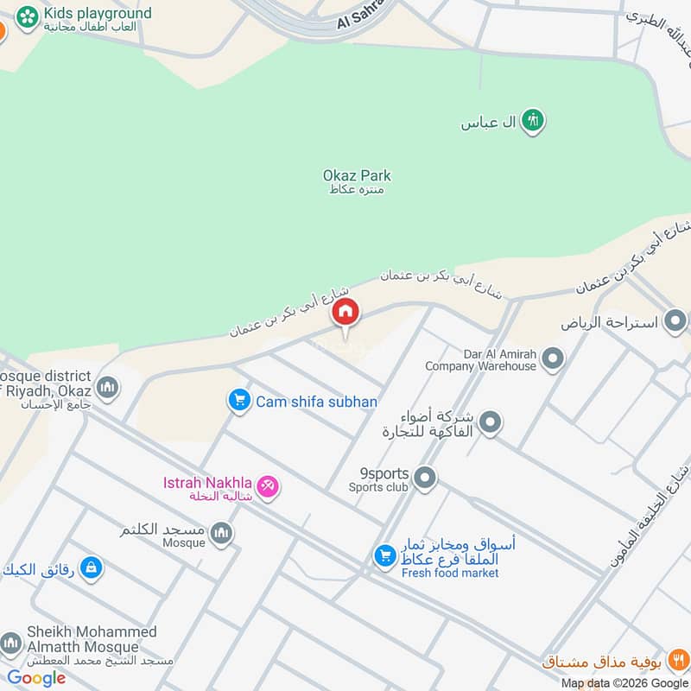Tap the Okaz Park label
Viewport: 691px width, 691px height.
(x=357, y=176)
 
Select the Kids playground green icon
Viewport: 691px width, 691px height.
(x=27, y=15)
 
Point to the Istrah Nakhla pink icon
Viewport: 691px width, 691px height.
(x=268, y=488)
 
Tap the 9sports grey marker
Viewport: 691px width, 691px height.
(x=424, y=477)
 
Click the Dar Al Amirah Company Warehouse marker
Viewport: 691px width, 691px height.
(x=553, y=358)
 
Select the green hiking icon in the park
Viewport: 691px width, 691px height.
(x=534, y=122)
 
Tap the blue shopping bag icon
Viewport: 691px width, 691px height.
(x=90, y=568)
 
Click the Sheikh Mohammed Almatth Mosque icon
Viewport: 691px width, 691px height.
(x=10, y=643)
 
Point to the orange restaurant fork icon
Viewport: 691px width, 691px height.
(x=680, y=662)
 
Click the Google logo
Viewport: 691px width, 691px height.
(x=36, y=678)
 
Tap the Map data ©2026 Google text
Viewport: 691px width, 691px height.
(x=624, y=683)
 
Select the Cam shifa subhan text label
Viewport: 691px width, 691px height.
(x=316, y=402)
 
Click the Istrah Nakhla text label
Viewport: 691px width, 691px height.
(x=207, y=482)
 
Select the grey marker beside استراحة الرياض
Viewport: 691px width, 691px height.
(x=675, y=323)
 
